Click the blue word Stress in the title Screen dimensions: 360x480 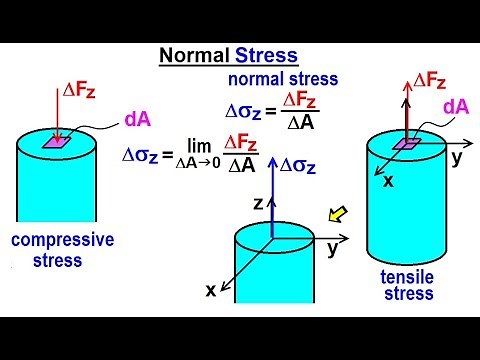pos(265,57)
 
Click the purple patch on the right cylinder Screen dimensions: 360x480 pos(405,144)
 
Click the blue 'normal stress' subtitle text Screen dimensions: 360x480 pos(283,79)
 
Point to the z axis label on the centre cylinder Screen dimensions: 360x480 pos(256,202)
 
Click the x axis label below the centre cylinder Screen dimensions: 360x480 pos(211,290)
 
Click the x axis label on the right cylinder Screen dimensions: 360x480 pos(390,183)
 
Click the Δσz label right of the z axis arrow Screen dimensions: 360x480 pos(296,165)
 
